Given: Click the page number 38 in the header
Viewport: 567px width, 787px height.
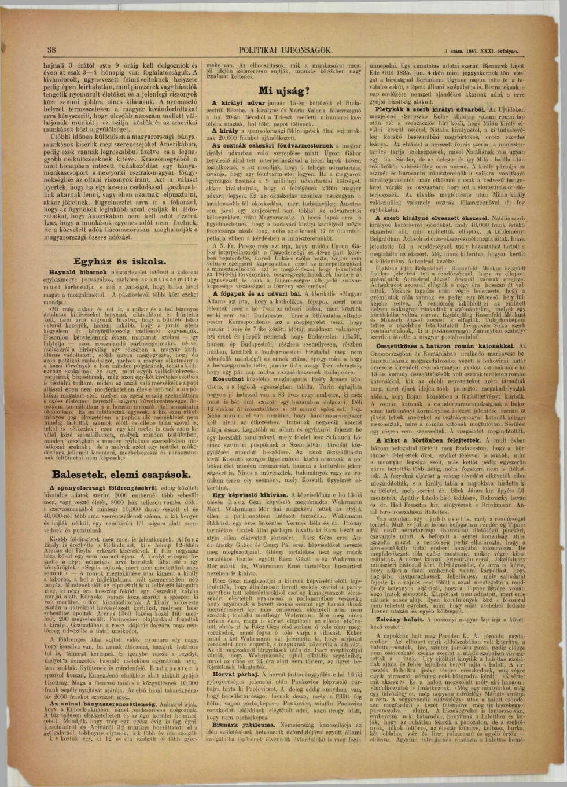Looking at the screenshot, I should point(51,51).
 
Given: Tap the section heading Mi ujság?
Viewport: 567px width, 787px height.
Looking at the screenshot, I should point(283,91).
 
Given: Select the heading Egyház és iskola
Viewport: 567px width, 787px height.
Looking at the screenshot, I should point(120,262).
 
